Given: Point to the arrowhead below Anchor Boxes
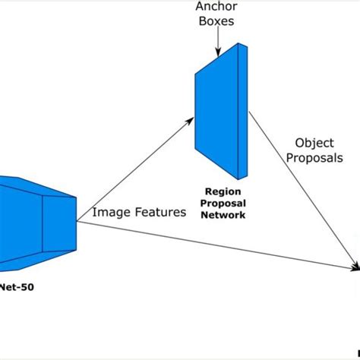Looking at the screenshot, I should (x=217, y=52).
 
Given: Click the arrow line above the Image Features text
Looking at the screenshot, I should (x=129, y=170).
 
